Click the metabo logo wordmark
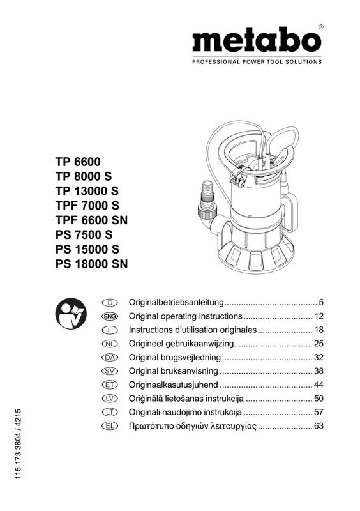coord(257,42)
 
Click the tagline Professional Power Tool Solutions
coord(257,62)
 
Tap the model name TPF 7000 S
coord(87,206)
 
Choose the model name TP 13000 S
coord(87,191)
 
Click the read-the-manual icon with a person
coord(70,314)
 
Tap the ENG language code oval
coord(110,316)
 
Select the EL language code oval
coord(110,426)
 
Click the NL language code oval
coord(110,344)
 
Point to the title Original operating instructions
coord(185,316)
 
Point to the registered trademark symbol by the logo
coord(320,27)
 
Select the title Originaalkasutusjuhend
coord(174,385)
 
